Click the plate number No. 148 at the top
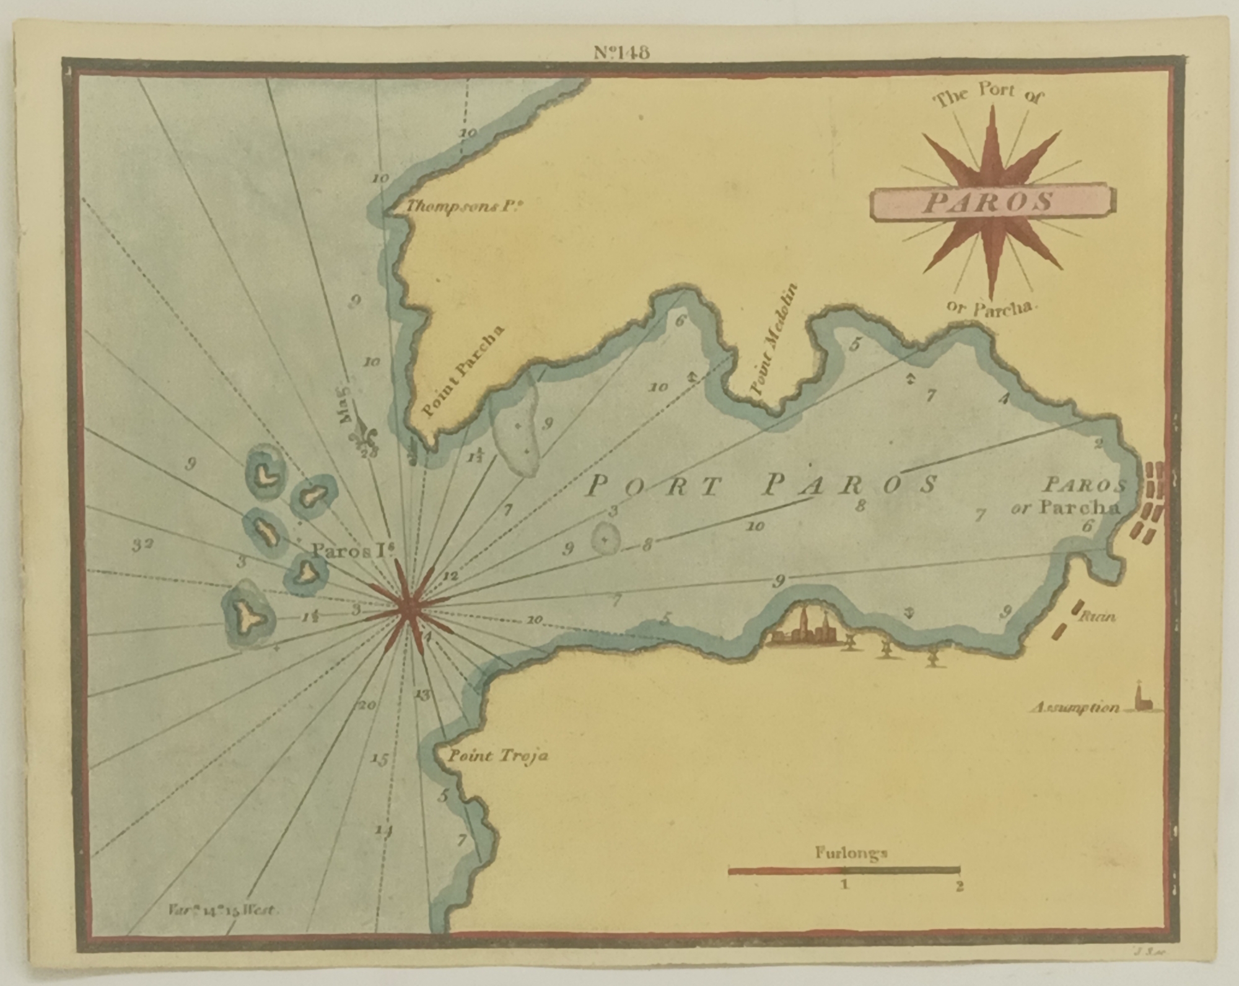(x=621, y=53)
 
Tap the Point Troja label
(x=497, y=757)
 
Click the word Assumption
(x=1074, y=708)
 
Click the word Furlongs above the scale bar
(x=851, y=853)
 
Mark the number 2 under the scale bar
(x=959, y=887)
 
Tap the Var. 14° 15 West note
(x=224, y=910)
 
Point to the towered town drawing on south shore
(x=803, y=628)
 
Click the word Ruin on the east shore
(x=1098, y=616)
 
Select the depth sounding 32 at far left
(x=142, y=545)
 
